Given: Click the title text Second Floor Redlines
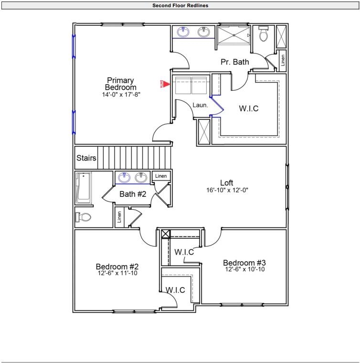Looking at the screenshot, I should pyautogui.click(x=180, y=6).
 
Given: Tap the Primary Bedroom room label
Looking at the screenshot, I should pyautogui.click(x=120, y=84).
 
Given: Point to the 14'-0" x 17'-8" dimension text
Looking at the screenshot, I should pyautogui.click(x=120, y=95).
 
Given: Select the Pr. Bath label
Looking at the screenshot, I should pyautogui.click(x=234, y=62).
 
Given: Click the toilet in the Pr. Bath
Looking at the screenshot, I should pyautogui.click(x=263, y=34).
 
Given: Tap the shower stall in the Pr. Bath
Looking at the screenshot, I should pyautogui.click(x=234, y=35).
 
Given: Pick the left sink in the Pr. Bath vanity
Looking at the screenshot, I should pyautogui.click(x=183, y=32).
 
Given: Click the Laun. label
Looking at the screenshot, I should pyautogui.click(x=200, y=105).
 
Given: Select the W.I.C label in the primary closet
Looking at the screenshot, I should pyautogui.click(x=248, y=108).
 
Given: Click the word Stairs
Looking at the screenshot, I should pyautogui.click(x=86, y=158).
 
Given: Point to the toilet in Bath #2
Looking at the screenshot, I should pyautogui.click(x=83, y=217).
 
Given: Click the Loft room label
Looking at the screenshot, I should pyautogui.click(x=227, y=182).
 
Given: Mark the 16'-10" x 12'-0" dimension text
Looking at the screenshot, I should pyautogui.click(x=227, y=190).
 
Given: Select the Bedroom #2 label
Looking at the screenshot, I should pyautogui.click(x=117, y=266).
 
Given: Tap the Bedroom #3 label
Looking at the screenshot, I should pyautogui.click(x=244, y=263).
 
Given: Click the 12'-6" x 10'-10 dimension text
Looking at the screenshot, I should pyautogui.click(x=244, y=269).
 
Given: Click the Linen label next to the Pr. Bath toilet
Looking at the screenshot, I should pyautogui.click(x=283, y=61).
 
